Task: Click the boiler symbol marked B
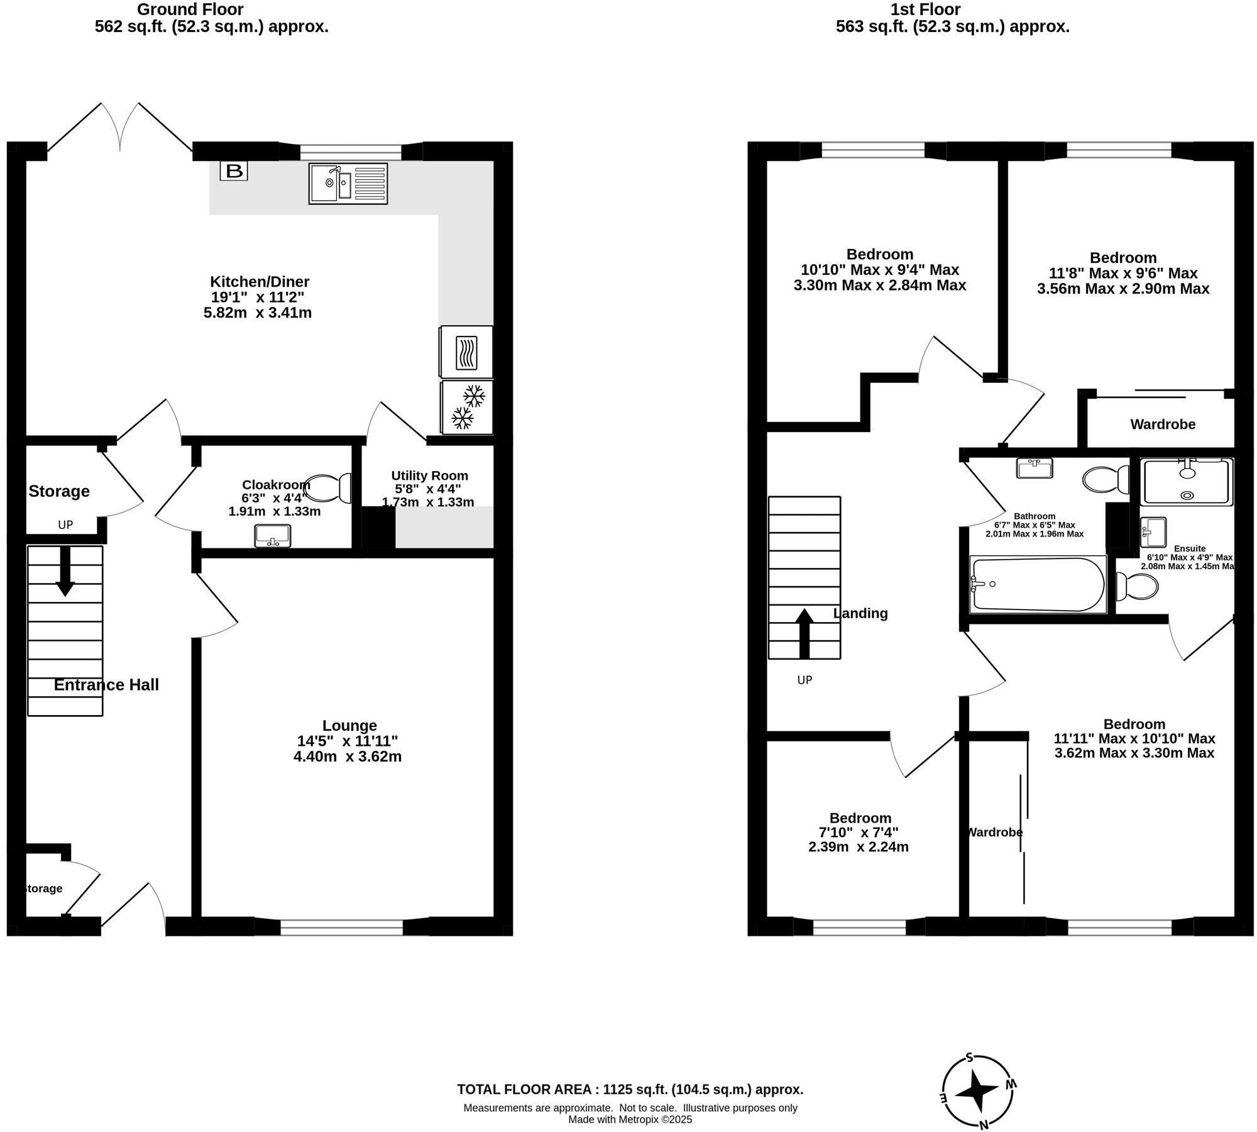click(234, 170)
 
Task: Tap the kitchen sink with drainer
click(348, 183)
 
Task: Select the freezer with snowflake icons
click(467, 407)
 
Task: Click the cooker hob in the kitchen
click(466, 352)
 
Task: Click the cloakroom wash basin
click(273, 536)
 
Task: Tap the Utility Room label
click(429, 475)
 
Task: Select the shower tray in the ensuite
click(1187, 482)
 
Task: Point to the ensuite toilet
click(1138, 587)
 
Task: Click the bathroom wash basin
click(1035, 469)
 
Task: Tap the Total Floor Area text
click(630, 1089)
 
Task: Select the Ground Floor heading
click(190, 9)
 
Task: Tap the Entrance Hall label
click(106, 685)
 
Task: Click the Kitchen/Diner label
click(260, 281)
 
